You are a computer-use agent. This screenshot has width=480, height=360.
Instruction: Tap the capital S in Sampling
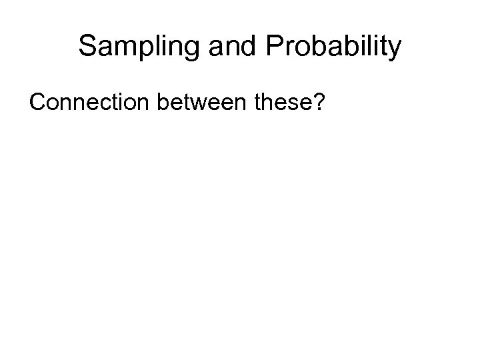(87, 47)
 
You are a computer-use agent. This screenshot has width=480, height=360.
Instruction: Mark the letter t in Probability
(384, 47)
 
